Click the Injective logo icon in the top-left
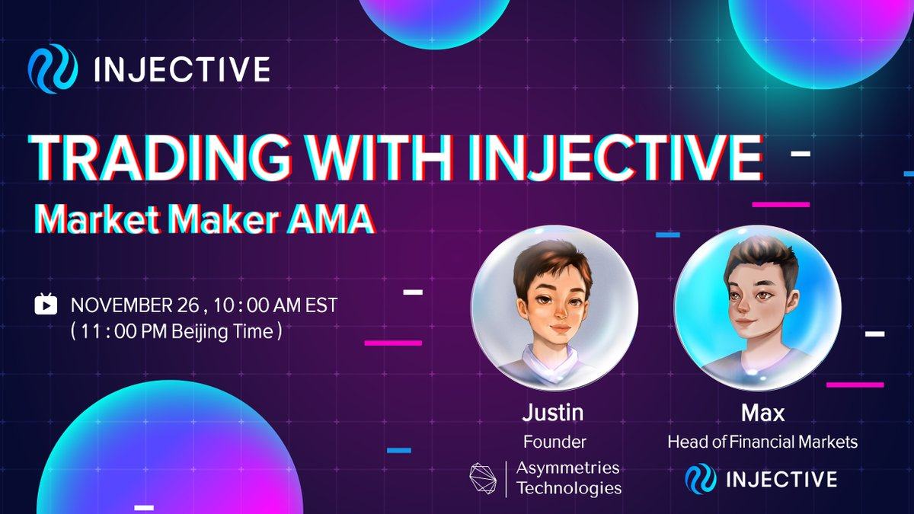pyautogui.click(x=53, y=69)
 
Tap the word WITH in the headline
pyautogui.click(x=381, y=158)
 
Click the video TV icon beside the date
pyautogui.click(x=46, y=304)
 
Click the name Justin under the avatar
pyautogui.click(x=553, y=413)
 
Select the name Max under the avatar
pyautogui.click(x=762, y=413)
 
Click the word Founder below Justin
pyautogui.click(x=554, y=442)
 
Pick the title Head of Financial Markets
pyautogui.click(x=762, y=442)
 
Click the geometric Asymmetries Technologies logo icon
pyautogui.click(x=483, y=478)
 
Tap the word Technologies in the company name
pyautogui.click(x=569, y=488)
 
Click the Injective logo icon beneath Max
pyautogui.click(x=701, y=479)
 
